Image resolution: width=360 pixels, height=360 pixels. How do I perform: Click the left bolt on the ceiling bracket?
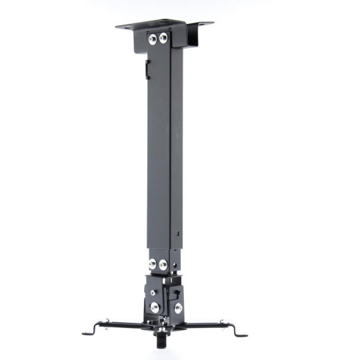(x=153, y=40)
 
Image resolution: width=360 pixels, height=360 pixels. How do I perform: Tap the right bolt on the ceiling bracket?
(x=163, y=39)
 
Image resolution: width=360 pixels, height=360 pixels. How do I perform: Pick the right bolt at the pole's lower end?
(x=163, y=265)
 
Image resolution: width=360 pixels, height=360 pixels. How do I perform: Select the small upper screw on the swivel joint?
(x=153, y=292)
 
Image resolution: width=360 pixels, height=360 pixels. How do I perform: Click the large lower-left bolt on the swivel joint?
(x=155, y=307)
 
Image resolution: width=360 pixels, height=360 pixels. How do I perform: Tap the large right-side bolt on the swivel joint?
(x=178, y=308)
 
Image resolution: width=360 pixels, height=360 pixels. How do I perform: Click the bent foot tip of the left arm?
(x=87, y=331)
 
